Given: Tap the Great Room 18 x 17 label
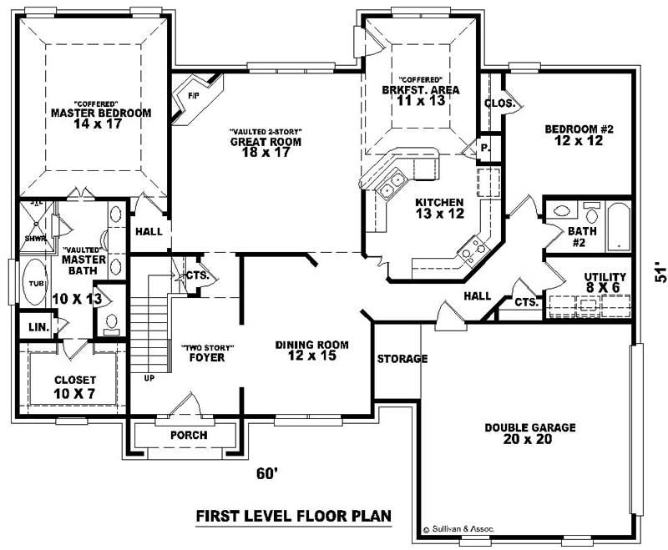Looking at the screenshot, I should pyautogui.click(x=266, y=142).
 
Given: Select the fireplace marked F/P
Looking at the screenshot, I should pyautogui.click(x=193, y=97).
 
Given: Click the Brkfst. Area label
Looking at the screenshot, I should pyautogui.click(x=420, y=89).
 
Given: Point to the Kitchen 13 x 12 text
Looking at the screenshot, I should pyautogui.click(x=438, y=208).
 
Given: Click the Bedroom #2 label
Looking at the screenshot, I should pyautogui.click(x=579, y=135).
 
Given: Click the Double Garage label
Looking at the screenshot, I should pyautogui.click(x=530, y=433).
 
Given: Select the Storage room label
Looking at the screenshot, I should pyautogui.click(x=402, y=359).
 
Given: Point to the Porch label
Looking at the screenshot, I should pyautogui.click(x=188, y=435).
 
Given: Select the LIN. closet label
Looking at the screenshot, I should pyautogui.click(x=38, y=326).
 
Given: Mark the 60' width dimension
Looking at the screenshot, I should pyautogui.click(x=266, y=474).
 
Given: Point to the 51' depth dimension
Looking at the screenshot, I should pyautogui.click(x=660, y=275).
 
